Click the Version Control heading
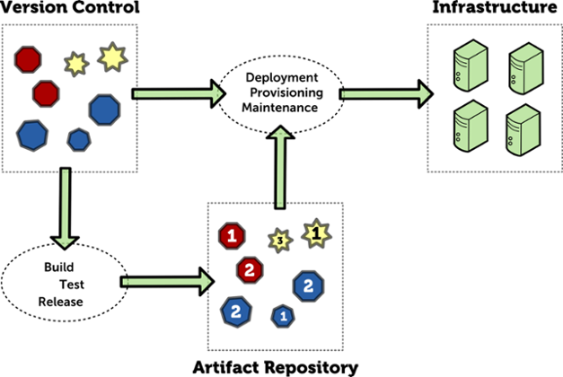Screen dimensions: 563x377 tap(70, 7)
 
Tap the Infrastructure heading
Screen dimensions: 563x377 tap(495, 7)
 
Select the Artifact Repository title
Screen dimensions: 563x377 tap(276, 368)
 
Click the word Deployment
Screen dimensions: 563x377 tap(282, 77)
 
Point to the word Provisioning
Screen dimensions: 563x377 tap(286, 92)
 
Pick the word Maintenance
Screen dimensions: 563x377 tap(280, 108)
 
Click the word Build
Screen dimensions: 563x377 tap(59, 267)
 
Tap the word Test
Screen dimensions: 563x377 tap(72, 285)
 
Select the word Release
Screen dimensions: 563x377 tap(61, 302)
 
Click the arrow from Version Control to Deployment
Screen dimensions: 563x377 tap(179, 93)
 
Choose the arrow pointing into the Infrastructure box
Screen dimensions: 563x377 tap(386, 94)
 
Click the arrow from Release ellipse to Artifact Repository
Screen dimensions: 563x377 tap(167, 282)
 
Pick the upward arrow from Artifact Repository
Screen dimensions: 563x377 tap(280, 167)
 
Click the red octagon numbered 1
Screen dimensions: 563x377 tap(232, 236)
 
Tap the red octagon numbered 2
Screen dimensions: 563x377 tap(250, 270)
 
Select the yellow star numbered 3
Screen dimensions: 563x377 tap(280, 241)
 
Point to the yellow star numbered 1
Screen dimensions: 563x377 tap(316, 233)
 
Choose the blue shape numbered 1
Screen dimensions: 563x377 tap(283, 316)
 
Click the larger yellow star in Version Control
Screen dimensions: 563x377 tap(112, 57)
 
